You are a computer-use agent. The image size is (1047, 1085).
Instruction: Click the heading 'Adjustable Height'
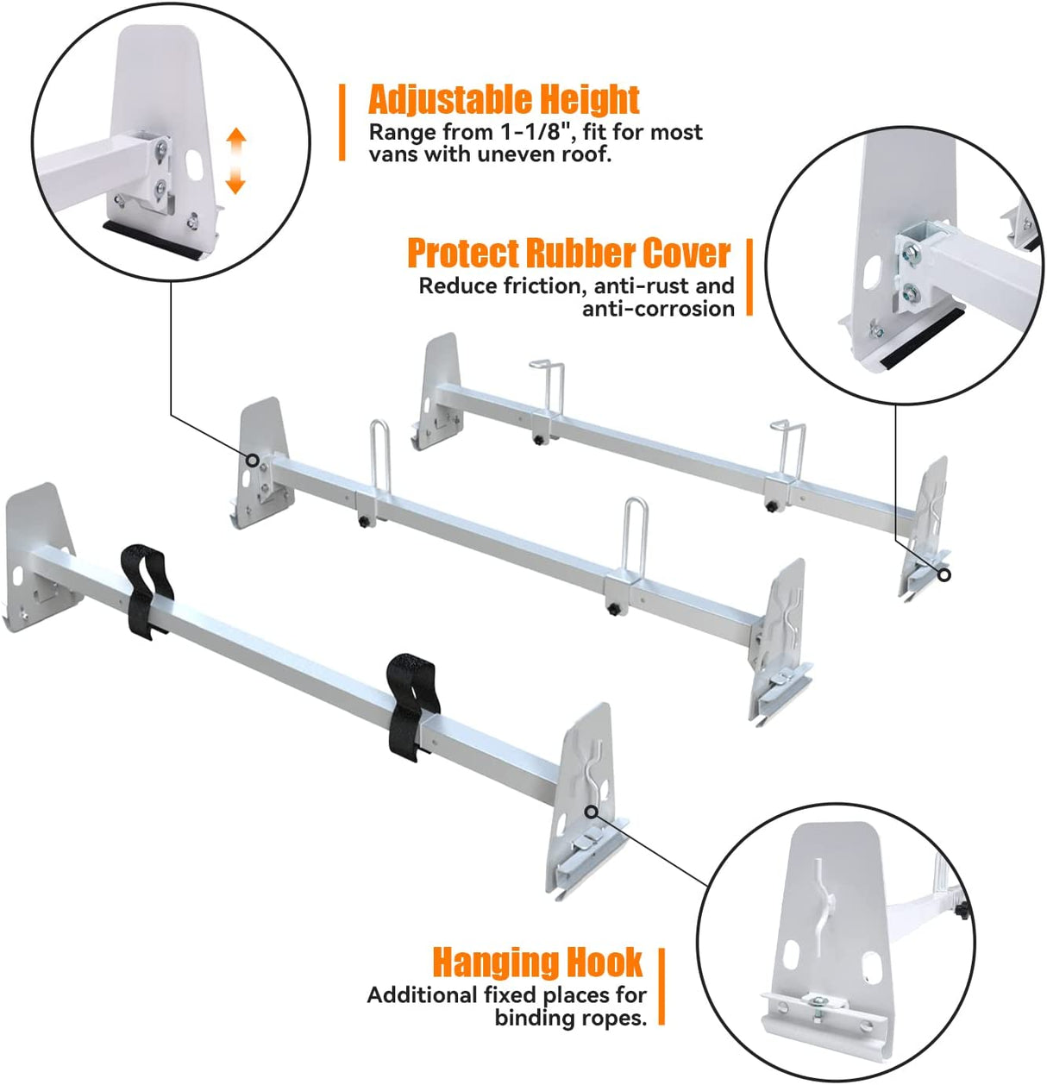[504, 100]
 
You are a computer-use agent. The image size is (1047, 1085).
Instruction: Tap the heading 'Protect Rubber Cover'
[569, 254]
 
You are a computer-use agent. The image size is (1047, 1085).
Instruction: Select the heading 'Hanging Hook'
[537, 962]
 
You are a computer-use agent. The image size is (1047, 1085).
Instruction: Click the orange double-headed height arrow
[236, 161]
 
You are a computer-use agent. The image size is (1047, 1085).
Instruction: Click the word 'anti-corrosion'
[658, 309]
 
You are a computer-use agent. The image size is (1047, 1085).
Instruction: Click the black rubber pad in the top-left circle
[155, 239]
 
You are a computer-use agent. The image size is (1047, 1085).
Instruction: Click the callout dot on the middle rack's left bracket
[252, 461]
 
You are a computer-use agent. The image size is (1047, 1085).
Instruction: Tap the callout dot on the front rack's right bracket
[591, 811]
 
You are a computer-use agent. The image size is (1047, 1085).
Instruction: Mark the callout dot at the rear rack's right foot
[944, 574]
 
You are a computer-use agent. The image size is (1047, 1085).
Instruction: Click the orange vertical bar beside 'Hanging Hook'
[661, 987]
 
